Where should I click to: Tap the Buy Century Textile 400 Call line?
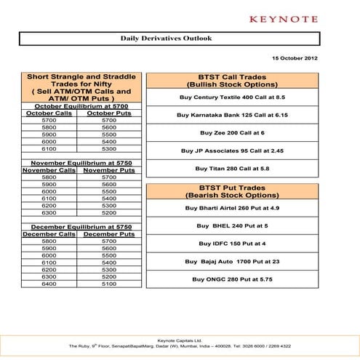coord(231,97)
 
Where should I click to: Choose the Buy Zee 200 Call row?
coord(232,133)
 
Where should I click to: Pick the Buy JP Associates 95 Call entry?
coord(232,151)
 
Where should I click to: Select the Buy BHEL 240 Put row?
coord(232,225)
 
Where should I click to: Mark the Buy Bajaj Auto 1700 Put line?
coord(232,261)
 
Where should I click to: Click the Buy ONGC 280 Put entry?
coord(232,279)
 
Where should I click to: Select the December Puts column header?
coord(108,234)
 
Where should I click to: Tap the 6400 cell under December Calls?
coord(49,284)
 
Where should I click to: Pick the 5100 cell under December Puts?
coord(108,284)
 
